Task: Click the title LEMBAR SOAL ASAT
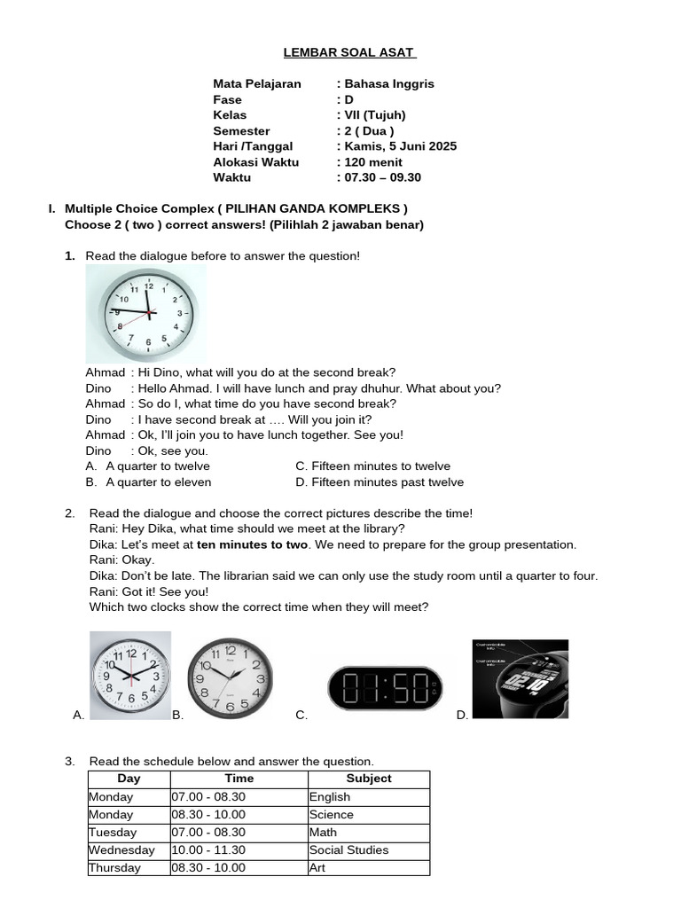349,52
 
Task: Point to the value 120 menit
373,162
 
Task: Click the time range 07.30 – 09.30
382,177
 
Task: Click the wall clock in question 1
146,313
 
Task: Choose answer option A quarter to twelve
158,466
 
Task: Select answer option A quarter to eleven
158,482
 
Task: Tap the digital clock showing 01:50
385,688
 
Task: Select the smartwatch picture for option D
521,678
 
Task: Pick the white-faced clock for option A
130,675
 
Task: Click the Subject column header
369,779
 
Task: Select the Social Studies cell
349,850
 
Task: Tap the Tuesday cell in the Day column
113,833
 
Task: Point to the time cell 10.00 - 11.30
208,850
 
